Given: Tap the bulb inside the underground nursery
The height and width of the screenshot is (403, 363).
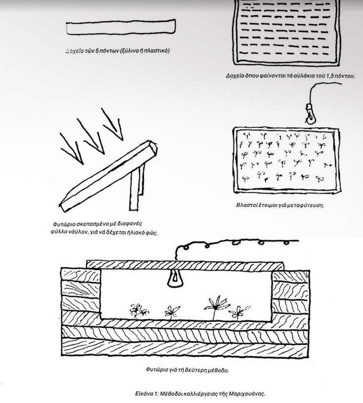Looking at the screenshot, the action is click(x=175, y=279).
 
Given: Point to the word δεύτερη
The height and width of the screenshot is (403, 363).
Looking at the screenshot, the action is click(x=195, y=370).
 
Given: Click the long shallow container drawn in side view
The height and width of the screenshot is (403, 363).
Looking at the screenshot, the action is click(x=121, y=27).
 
